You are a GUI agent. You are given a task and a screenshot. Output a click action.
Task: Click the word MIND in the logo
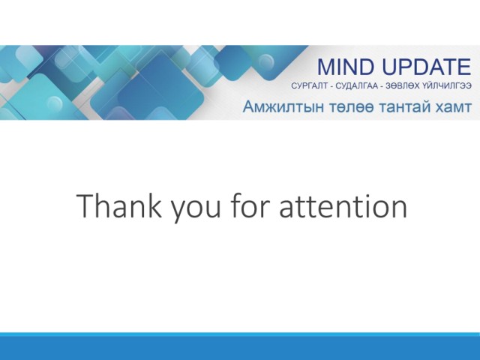pyautogui.click(x=346, y=67)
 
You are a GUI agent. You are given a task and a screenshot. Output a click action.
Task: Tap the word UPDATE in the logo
pyautogui.click(x=427, y=67)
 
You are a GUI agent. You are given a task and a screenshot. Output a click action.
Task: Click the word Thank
pyautogui.click(x=119, y=205)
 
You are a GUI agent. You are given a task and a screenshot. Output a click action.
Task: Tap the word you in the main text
pyautogui.click(x=196, y=209)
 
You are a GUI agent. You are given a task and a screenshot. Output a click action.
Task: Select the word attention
pyautogui.click(x=343, y=205)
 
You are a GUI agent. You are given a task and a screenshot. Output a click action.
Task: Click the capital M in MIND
pyautogui.click(x=326, y=67)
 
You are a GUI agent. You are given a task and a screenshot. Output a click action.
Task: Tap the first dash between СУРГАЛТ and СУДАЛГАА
pyautogui.click(x=331, y=87)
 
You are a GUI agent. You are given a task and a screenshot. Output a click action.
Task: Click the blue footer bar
pyautogui.click(x=240, y=346)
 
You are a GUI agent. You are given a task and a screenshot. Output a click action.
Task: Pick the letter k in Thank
pyautogui.click(x=155, y=205)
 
